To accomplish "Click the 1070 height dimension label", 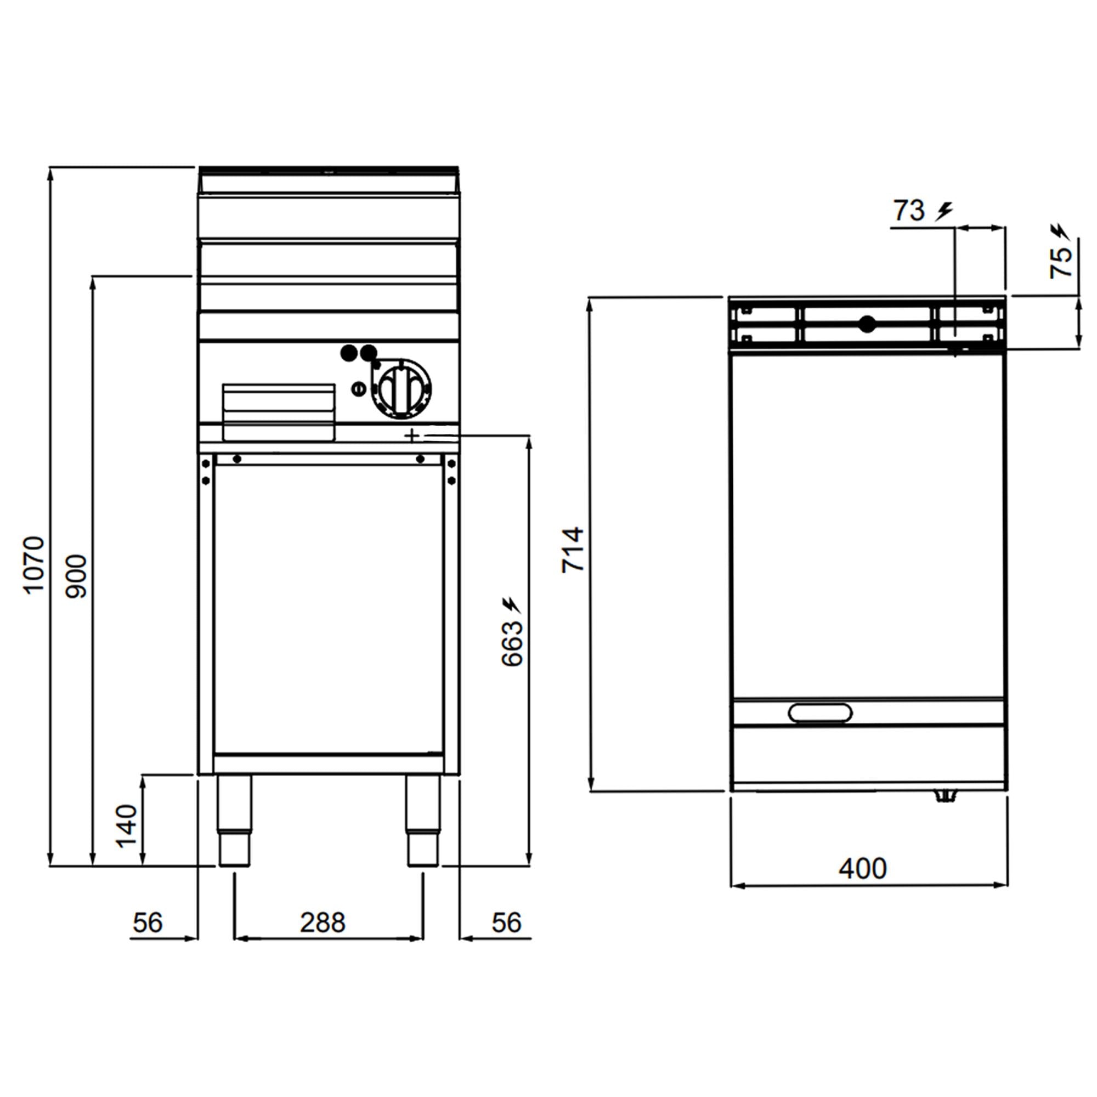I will (33, 565).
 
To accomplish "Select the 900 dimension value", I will (76, 576).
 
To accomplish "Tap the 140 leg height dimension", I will (127, 826).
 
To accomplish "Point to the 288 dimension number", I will (323, 923).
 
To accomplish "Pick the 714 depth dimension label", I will (572, 550).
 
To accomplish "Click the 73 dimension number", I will (909, 211).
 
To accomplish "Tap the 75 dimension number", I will (1061, 263).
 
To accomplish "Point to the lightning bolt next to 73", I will (945, 211).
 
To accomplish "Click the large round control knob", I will (402, 389).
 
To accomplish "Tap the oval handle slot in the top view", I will (820, 713).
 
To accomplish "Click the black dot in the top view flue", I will (867, 324).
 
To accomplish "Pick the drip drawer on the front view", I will (279, 412).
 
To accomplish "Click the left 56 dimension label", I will (148, 923).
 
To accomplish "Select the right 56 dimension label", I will (506, 923).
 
